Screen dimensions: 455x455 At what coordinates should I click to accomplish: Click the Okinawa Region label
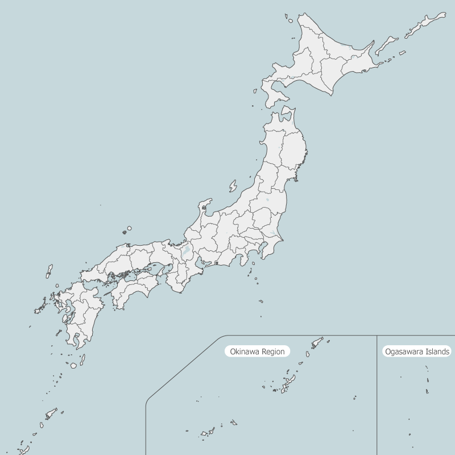257,351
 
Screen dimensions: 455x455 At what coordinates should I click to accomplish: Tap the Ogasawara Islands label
417,351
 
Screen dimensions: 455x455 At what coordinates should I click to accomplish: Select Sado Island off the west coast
233,186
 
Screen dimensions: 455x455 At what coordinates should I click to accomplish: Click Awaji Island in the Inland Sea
168,268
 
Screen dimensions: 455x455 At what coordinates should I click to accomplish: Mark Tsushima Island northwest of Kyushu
49,271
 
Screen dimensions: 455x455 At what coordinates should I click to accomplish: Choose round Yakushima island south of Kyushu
73,365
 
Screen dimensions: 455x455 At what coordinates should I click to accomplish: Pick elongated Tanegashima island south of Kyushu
82,359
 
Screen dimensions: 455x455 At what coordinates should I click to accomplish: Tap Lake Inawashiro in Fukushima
267,200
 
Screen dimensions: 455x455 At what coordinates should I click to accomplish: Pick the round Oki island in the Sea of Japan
129,228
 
